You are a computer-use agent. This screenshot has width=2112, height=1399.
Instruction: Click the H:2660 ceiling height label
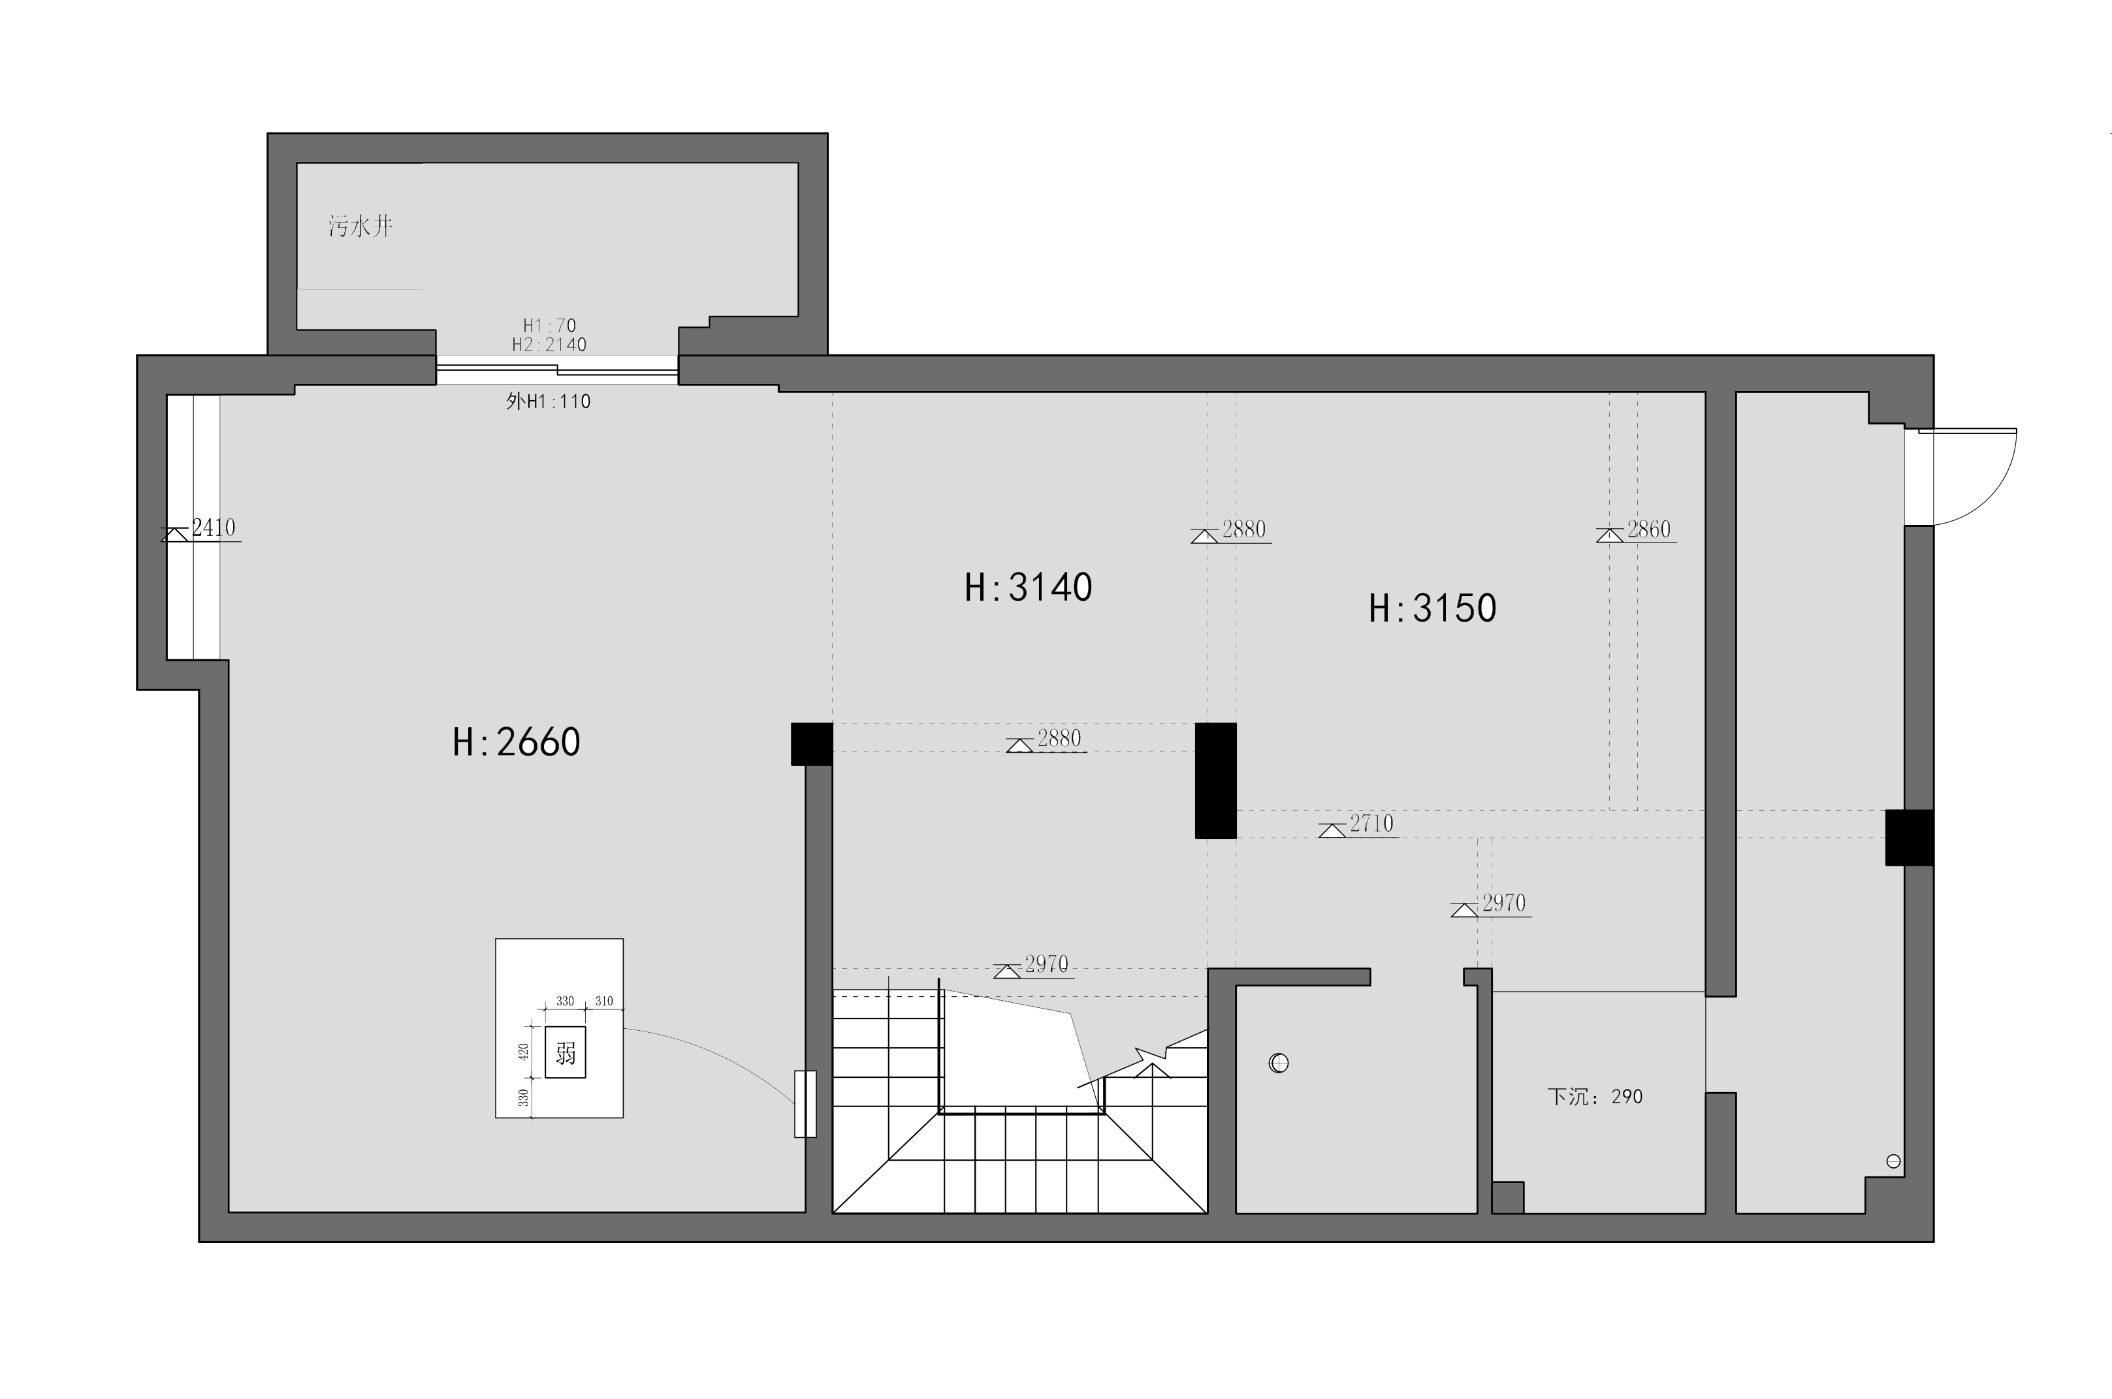coord(516,742)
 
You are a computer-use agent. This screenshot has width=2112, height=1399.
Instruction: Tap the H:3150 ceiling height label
coord(1432,608)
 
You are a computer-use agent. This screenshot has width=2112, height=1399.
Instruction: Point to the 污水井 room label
coord(360,226)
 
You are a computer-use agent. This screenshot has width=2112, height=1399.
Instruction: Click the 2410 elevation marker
coord(202,531)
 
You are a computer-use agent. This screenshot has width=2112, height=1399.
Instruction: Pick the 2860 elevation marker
coord(1637,532)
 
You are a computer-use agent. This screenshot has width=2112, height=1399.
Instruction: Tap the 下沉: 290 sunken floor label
coord(1595,1097)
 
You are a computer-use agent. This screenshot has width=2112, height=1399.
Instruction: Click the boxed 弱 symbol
coord(566,1054)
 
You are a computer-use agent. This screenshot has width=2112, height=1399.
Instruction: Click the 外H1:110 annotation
coord(548,401)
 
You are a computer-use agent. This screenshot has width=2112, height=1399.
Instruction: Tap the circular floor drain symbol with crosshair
coord(1279,1063)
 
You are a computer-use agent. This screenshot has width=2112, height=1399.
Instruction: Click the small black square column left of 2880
coord(812,743)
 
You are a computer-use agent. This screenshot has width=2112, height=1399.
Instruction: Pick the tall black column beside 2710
coord(1216,780)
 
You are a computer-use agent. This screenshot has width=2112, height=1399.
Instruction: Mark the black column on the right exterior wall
coord(1910,837)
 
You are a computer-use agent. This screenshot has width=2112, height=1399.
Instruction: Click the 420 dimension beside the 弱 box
coord(524,1053)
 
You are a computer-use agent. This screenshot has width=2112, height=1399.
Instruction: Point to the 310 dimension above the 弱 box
coord(604,1001)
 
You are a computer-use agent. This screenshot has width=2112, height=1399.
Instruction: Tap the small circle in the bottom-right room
coord(1893,1161)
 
